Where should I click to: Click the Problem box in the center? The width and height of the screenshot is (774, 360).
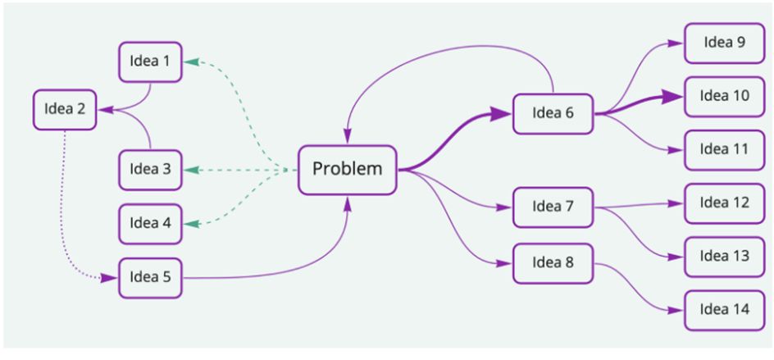click(347, 170)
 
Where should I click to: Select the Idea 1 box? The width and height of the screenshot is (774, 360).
click(150, 62)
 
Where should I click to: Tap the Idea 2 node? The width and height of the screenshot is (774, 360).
click(65, 109)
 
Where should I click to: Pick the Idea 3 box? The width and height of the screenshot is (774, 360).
click(150, 170)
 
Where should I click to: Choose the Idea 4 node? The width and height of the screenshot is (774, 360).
click(150, 223)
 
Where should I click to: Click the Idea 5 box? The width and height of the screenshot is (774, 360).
click(150, 277)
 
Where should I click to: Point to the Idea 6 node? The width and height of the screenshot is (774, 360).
click(553, 113)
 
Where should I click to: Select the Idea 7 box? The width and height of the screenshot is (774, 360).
click(553, 207)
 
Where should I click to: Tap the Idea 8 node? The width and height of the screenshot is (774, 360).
click(553, 263)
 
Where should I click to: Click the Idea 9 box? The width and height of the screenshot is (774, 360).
click(724, 43)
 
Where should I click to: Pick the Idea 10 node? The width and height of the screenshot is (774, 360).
click(724, 96)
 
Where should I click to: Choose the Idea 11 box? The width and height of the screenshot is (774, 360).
click(724, 150)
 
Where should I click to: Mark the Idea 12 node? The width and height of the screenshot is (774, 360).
click(724, 203)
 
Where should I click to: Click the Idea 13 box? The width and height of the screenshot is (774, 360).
click(724, 256)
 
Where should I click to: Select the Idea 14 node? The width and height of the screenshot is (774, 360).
click(724, 310)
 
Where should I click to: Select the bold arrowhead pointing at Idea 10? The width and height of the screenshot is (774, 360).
click(676, 97)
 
